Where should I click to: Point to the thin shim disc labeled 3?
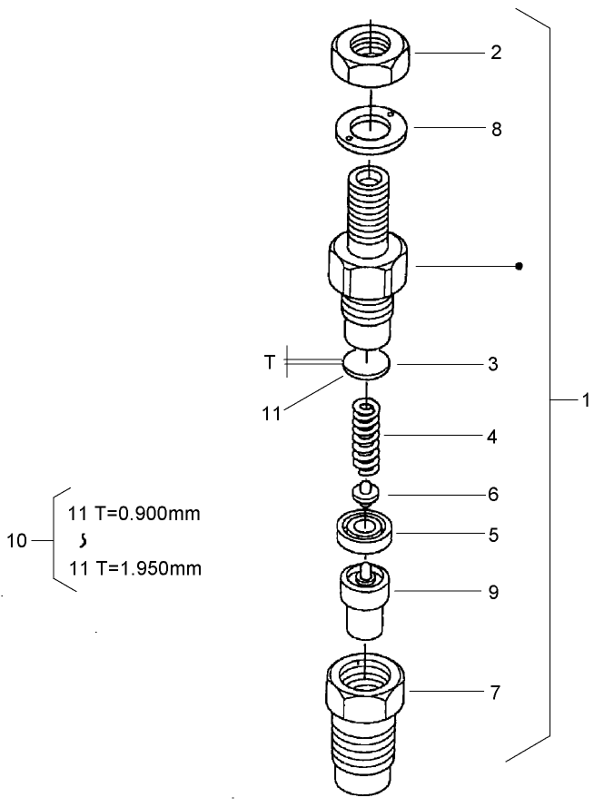coord(367,365)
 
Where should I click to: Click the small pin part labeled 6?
coord(365,496)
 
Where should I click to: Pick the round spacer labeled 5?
coord(365,531)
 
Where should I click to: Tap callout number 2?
coord(496,53)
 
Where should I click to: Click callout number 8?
coord(496,129)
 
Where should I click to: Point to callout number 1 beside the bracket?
coord(585,399)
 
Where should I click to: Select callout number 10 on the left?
coord(17,541)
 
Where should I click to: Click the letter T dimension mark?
coord(269,362)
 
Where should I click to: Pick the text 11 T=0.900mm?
coord(134,513)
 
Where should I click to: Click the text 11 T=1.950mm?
coord(134,569)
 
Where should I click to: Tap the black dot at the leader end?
coord(519,267)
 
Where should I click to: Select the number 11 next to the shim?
coord(271,415)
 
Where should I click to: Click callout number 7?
coord(495,694)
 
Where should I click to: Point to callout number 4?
coord(491,437)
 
